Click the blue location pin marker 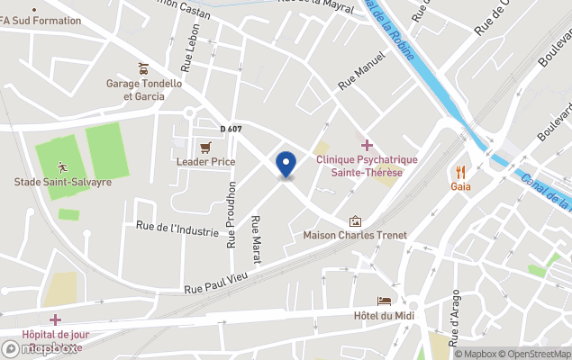(286, 164)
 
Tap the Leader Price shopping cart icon (205, 147)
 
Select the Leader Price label (205, 162)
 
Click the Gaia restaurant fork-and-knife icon (460, 171)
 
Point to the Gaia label (460, 186)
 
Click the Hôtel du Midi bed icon (385, 300)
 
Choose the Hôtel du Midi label (385, 315)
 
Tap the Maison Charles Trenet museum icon (355, 220)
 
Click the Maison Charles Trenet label (355, 236)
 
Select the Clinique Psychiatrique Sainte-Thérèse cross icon (367, 145)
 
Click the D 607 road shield (232, 130)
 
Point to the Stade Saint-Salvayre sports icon (62, 166)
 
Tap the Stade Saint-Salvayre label (63, 182)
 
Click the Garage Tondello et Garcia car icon (143, 68)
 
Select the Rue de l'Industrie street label (177, 229)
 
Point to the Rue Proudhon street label (232, 214)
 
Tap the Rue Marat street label (256, 239)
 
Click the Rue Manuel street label (361, 70)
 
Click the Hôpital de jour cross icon (55, 319)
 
